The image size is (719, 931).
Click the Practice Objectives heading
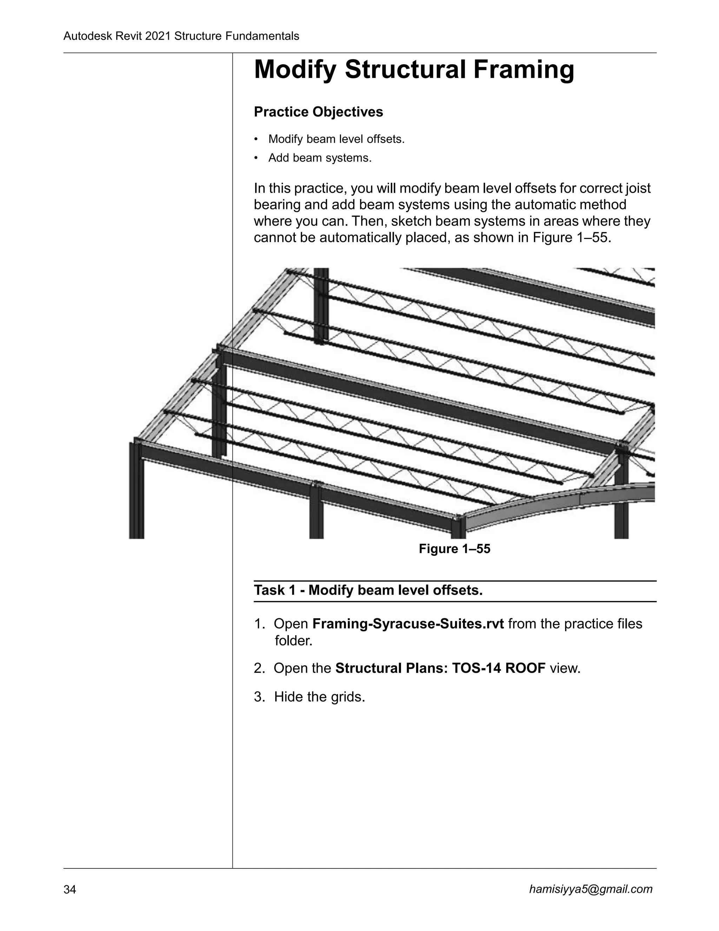pyautogui.click(x=318, y=112)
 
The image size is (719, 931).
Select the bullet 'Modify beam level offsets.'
pyautogui.click(x=336, y=139)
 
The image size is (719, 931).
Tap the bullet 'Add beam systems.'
pyautogui.click(x=319, y=158)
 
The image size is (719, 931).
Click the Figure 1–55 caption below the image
pyautogui.click(x=455, y=549)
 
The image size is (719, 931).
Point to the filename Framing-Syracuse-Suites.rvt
pyautogui.click(x=408, y=624)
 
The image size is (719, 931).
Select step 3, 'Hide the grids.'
pyautogui.click(x=319, y=697)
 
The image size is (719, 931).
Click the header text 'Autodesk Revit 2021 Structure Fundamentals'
pyautogui.click(x=181, y=36)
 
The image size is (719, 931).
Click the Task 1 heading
pyautogui.click(x=368, y=591)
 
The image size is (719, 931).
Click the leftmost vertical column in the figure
pyautogui.click(x=136, y=490)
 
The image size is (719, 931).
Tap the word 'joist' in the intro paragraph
pyautogui.click(x=638, y=188)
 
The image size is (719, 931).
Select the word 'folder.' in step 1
pyautogui.click(x=293, y=641)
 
